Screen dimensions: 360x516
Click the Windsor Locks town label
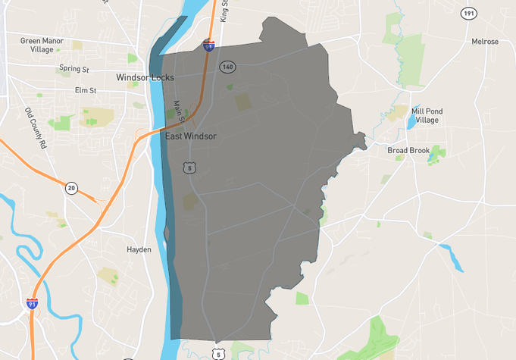click(145, 78)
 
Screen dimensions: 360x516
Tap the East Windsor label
click(191, 136)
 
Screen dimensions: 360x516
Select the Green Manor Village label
click(42, 45)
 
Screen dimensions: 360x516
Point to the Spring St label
click(74, 69)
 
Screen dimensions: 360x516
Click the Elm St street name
click(86, 91)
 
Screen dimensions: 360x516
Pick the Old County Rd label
click(35, 127)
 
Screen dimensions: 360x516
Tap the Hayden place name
click(139, 249)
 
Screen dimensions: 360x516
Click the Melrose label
click(485, 42)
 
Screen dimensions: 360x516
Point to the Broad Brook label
click(408, 150)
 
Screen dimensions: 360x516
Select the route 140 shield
click(227, 67)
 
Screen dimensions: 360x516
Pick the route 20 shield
click(71, 188)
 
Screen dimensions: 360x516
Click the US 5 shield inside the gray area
click(189, 167)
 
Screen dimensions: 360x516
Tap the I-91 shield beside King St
click(208, 45)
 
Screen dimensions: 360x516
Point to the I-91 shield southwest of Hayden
click(32, 303)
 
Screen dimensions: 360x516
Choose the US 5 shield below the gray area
click(219, 353)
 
